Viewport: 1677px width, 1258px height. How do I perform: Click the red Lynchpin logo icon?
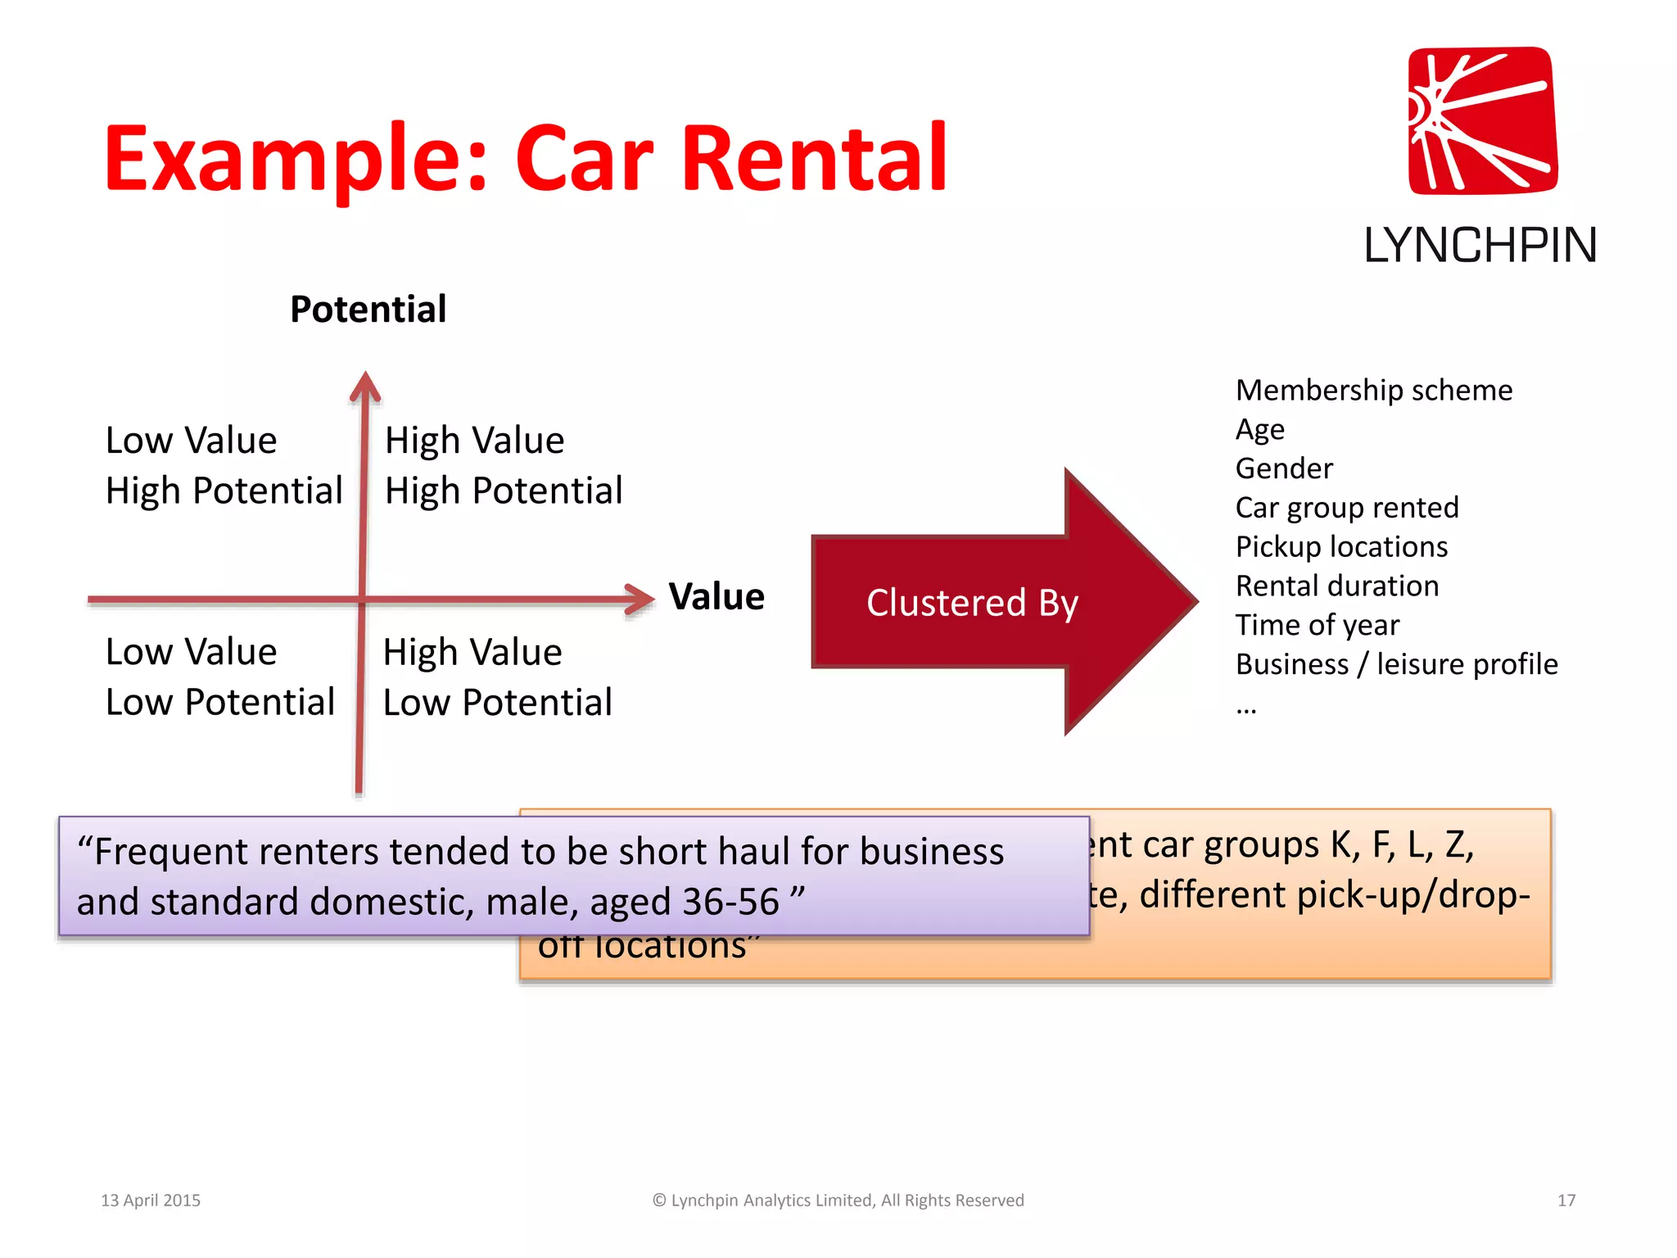[x=1482, y=120]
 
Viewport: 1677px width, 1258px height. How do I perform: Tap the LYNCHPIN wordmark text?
[x=1480, y=245]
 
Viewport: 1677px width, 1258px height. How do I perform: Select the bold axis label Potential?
[x=368, y=310]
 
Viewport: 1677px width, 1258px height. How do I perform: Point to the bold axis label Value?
[x=716, y=596]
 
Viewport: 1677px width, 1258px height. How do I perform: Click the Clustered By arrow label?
[x=972, y=603]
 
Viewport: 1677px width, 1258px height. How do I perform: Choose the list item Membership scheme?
[x=1373, y=390]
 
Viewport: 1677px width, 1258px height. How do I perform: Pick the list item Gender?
[x=1284, y=468]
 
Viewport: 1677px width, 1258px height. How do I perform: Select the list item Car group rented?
[x=1347, y=508]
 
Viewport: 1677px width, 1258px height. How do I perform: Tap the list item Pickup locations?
[x=1341, y=546]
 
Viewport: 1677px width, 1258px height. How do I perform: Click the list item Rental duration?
[x=1337, y=586]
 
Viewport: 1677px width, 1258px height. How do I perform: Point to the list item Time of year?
[x=1317, y=625]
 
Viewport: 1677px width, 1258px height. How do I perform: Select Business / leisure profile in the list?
[x=1396, y=664]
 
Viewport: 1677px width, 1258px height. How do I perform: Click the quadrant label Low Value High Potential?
[x=224, y=465]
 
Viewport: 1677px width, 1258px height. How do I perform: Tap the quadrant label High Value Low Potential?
[x=497, y=677]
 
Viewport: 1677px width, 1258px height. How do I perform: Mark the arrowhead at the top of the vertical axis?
[x=365, y=386]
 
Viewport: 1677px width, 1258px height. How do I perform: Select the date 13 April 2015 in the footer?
[x=151, y=1200]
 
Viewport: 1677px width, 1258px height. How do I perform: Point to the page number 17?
[x=1566, y=1200]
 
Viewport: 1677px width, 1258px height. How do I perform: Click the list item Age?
[x=1259, y=429]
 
